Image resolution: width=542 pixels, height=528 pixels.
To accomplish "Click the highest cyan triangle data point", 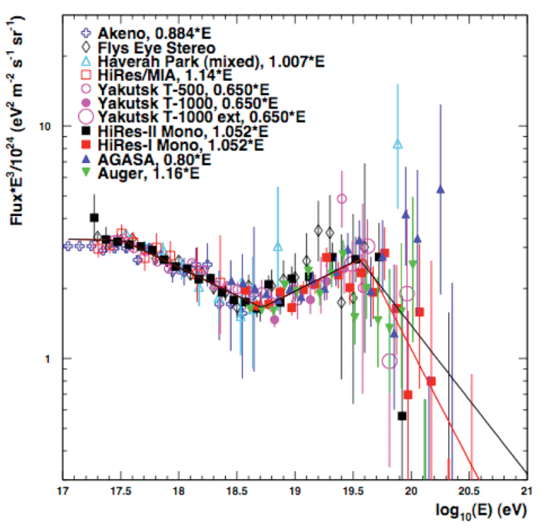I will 399,144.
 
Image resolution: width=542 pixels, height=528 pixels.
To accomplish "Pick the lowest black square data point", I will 402,416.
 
